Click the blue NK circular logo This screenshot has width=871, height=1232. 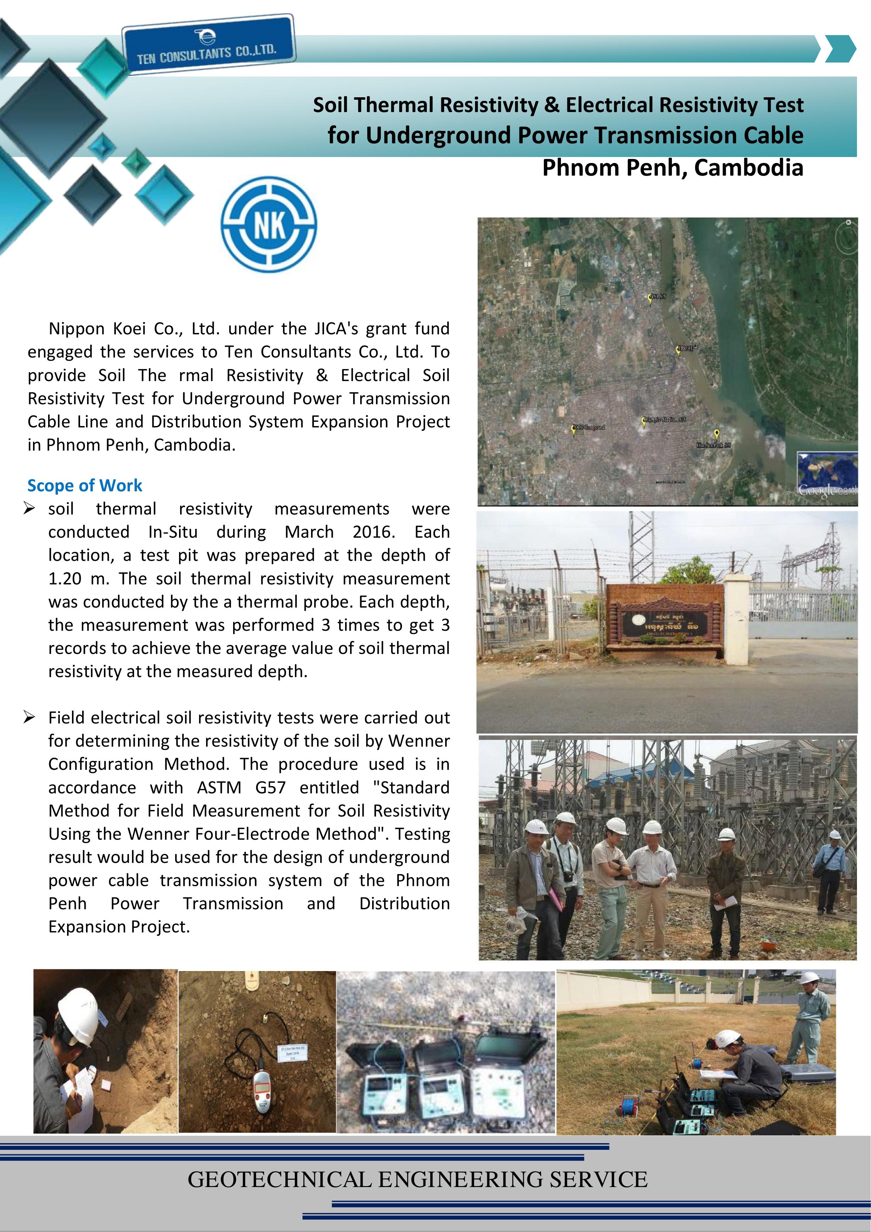[x=269, y=225]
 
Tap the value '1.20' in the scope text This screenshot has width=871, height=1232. [x=64, y=578]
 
